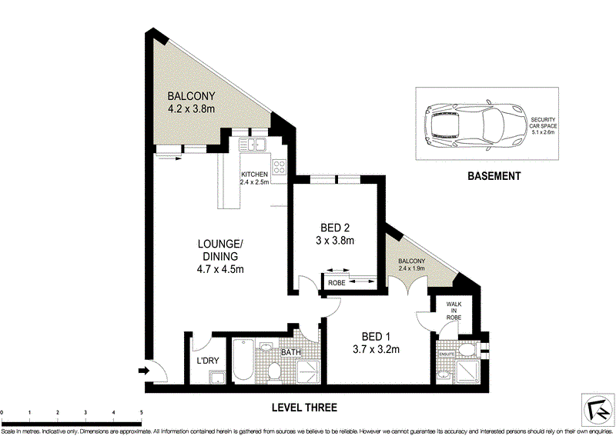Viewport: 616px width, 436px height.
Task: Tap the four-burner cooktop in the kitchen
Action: [x=278, y=165]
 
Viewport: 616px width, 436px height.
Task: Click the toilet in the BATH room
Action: [x=275, y=371]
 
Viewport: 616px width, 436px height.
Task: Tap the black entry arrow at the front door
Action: [x=143, y=371]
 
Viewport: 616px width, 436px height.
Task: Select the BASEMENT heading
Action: [x=494, y=176]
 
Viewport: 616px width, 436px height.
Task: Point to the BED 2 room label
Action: [x=335, y=228]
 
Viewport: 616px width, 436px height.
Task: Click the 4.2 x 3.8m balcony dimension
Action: [x=191, y=110]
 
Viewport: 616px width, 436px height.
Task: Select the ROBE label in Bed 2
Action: [x=336, y=283]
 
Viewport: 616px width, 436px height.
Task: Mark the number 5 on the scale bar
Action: [x=142, y=413]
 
